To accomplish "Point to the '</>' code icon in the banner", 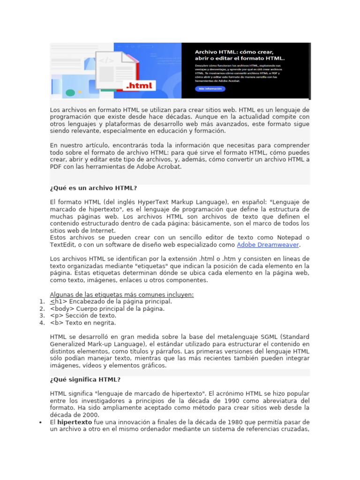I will click(x=106, y=60).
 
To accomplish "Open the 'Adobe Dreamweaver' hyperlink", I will click(x=268, y=245).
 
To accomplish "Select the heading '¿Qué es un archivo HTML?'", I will click(x=93, y=188).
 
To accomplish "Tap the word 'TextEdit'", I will click(x=62, y=245).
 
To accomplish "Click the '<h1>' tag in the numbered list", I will click(x=58, y=301).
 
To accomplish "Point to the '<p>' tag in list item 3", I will click(x=56, y=315).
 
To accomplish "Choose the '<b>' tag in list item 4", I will click(x=56, y=322).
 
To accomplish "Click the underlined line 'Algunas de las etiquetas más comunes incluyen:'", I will click(x=122, y=294).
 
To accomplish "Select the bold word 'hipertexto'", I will click(x=75, y=422).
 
